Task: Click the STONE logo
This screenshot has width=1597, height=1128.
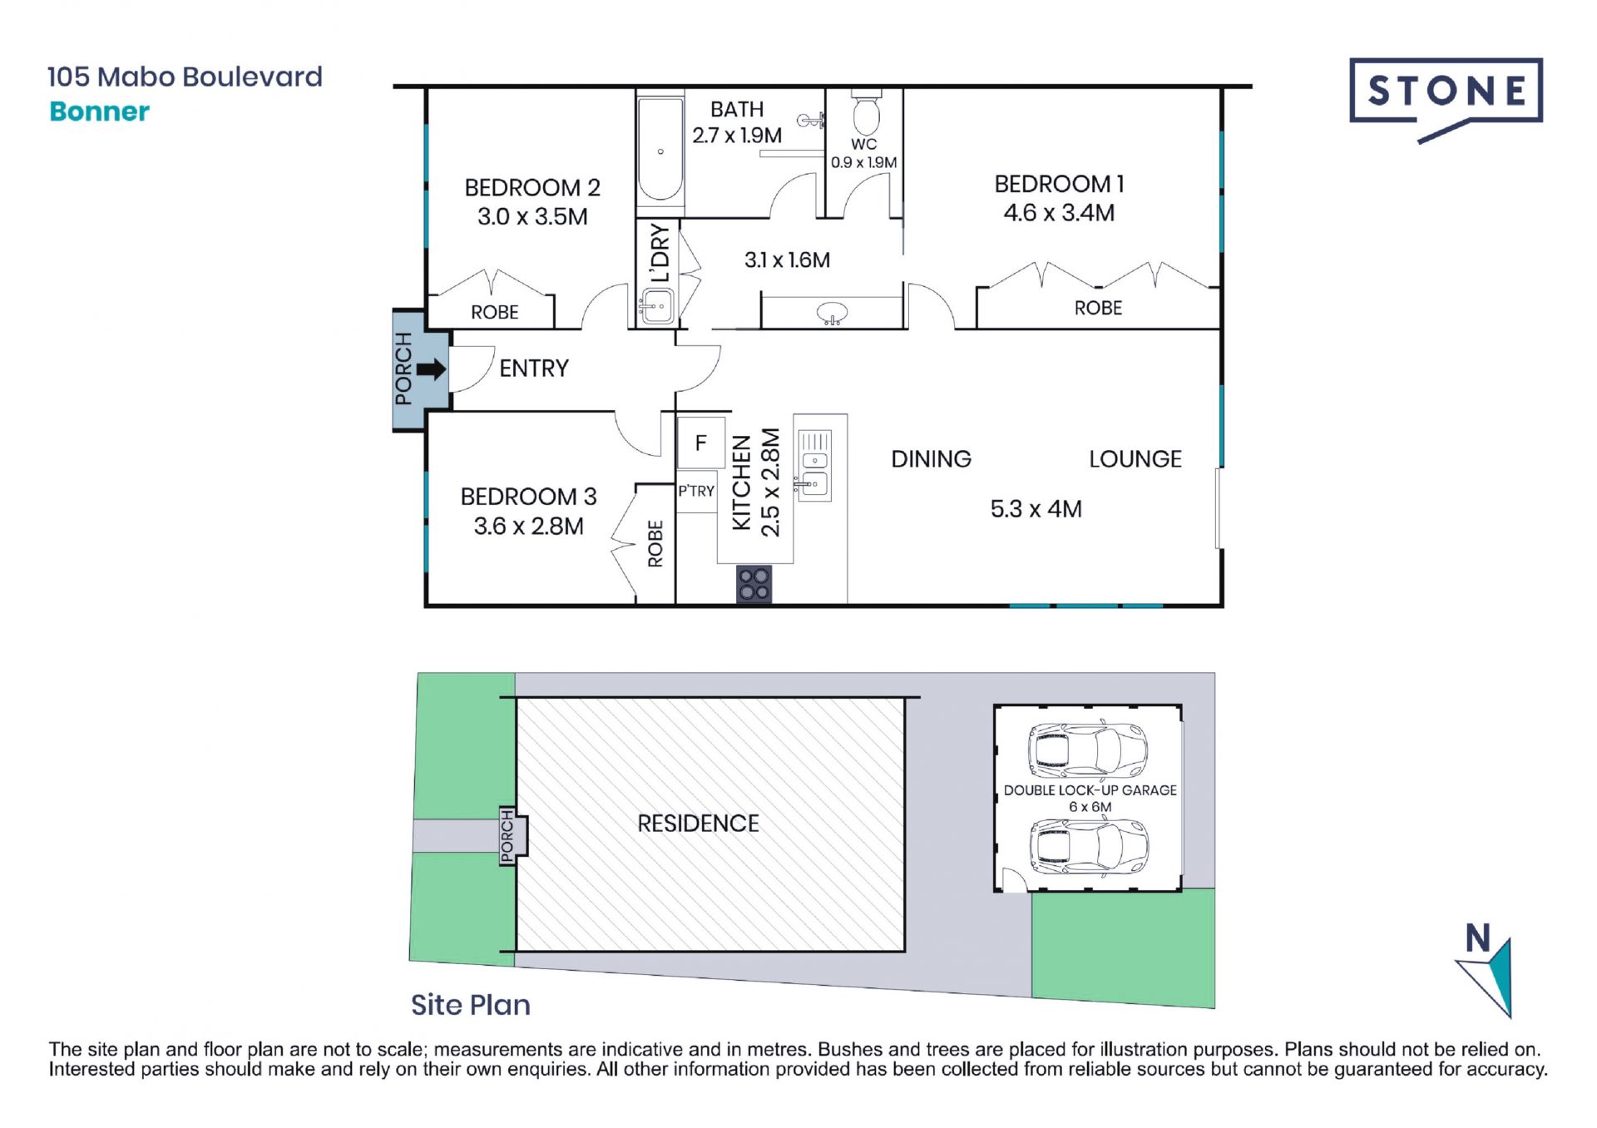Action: (1446, 98)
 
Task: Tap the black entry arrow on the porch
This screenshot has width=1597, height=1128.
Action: (431, 369)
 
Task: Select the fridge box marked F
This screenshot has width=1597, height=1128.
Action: (700, 443)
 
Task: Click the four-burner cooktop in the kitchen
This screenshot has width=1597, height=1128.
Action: (754, 583)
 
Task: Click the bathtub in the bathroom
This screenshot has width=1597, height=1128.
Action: (660, 151)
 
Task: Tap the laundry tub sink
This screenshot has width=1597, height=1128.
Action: (657, 306)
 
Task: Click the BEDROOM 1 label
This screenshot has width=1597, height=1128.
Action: (1059, 184)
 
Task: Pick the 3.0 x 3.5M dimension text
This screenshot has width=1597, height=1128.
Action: (532, 217)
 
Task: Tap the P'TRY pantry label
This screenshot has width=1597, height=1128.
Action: (696, 491)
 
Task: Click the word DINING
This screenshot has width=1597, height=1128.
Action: (931, 459)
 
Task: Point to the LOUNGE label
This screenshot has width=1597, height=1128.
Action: (1135, 459)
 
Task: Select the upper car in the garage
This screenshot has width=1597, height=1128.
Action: (1088, 750)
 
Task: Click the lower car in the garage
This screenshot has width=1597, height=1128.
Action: (1089, 846)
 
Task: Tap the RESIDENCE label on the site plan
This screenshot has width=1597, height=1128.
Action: (698, 824)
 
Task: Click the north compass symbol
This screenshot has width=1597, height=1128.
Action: (1485, 970)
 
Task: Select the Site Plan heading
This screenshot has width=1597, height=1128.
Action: (471, 1005)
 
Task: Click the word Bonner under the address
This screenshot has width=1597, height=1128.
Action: (100, 111)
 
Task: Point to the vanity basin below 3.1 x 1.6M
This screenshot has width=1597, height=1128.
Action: (833, 314)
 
